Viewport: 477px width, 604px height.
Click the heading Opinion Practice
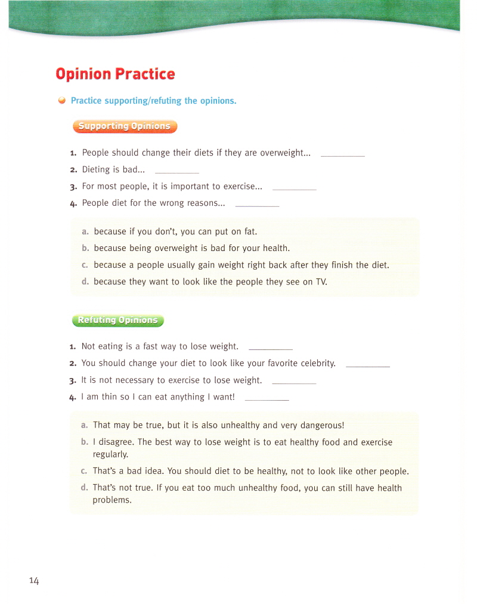coord(115,75)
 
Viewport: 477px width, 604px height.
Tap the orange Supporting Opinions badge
coord(125,126)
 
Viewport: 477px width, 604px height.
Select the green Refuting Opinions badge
coord(117,320)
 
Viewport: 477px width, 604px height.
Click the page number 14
coord(33,581)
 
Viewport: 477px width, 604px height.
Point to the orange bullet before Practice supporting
coord(61,101)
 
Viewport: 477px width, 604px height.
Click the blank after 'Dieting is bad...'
coord(176,171)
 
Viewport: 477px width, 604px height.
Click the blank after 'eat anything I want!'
coord(267,398)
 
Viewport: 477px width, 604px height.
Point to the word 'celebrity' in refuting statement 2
coord(317,363)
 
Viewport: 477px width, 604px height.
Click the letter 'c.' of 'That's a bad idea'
coord(84,472)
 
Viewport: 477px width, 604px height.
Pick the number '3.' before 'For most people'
coord(73,187)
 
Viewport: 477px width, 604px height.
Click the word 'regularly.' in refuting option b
coord(110,454)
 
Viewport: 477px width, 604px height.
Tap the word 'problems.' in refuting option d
coord(111,500)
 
